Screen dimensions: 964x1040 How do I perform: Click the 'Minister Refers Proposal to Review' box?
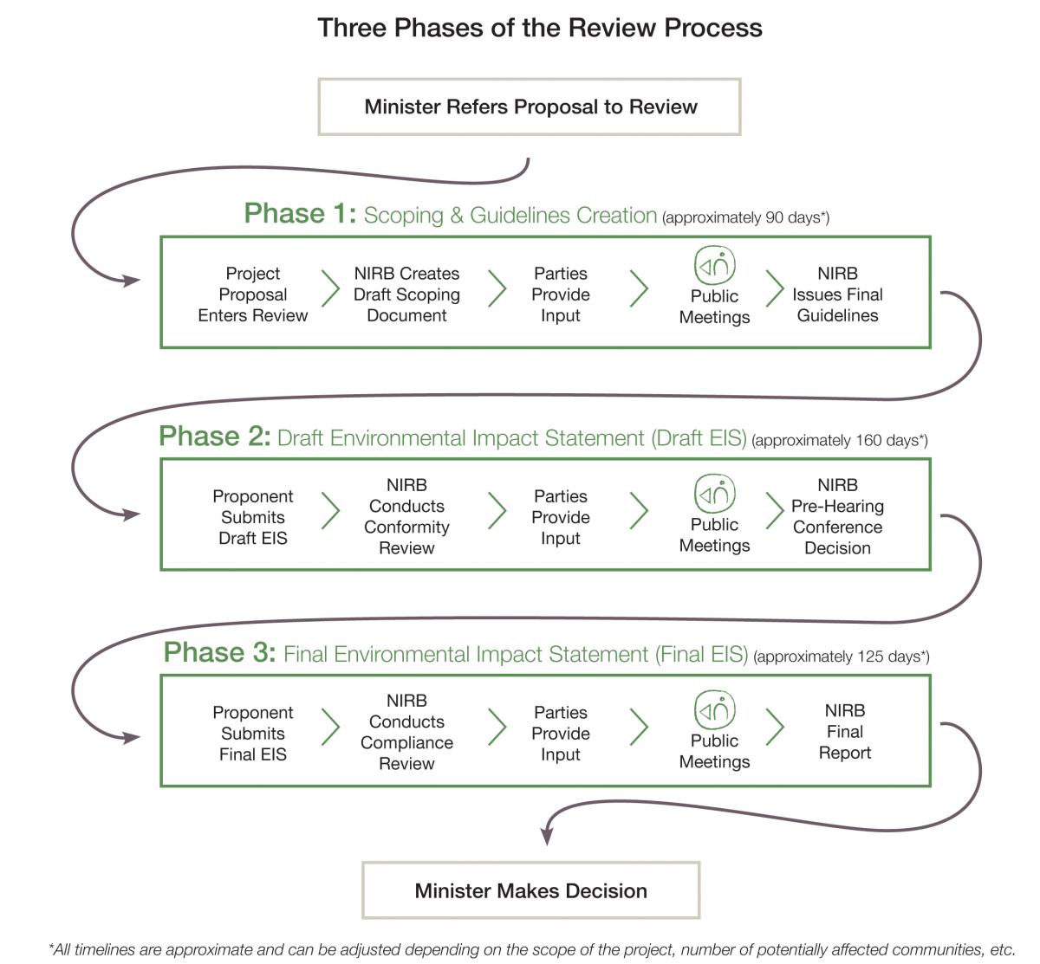click(x=530, y=107)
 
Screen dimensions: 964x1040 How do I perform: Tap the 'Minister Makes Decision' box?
click(x=530, y=890)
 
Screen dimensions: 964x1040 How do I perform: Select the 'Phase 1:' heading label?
click(x=300, y=213)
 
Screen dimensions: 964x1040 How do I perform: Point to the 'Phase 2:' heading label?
click(x=215, y=437)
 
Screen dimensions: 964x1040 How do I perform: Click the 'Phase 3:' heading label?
click(x=219, y=652)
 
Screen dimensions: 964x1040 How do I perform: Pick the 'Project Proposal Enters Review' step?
click(x=252, y=294)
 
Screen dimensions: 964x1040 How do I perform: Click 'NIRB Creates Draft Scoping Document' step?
click(x=406, y=294)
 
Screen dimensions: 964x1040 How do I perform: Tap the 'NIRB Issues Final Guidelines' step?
click(x=837, y=294)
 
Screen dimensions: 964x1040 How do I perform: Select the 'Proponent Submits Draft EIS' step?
click(x=252, y=517)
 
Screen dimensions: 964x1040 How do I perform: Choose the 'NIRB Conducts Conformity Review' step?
click(x=406, y=516)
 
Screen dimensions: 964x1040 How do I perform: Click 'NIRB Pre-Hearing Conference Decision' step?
click(x=837, y=516)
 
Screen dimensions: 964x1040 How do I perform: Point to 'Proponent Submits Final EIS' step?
click(x=252, y=734)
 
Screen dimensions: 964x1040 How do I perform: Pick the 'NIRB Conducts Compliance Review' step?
click(x=406, y=732)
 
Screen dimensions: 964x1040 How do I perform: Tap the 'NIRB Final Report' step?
click(x=845, y=732)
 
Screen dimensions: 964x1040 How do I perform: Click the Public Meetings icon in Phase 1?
click(x=714, y=264)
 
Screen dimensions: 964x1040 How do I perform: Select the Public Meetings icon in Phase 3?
click(x=714, y=709)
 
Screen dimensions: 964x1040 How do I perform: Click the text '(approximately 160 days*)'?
click(x=840, y=441)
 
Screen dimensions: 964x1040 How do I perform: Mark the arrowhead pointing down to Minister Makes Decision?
click(x=547, y=836)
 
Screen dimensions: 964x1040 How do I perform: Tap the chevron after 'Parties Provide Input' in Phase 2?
click(x=639, y=511)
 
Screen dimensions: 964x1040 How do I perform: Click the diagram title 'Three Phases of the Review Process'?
click(x=540, y=28)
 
